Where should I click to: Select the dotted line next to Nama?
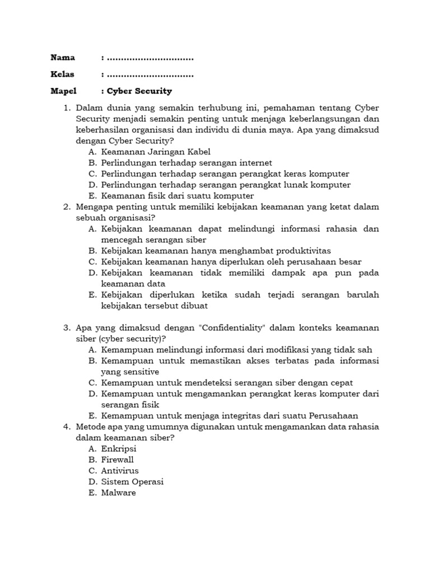click(149, 58)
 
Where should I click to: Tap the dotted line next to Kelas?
click(149, 74)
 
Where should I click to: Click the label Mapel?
click(63, 91)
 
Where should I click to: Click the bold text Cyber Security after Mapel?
click(139, 91)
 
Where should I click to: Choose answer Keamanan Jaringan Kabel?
click(156, 152)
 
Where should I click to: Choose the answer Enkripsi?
click(119, 449)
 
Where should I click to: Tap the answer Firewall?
click(118, 460)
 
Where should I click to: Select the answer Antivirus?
click(120, 471)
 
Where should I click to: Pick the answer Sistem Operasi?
click(132, 482)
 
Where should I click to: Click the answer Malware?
click(118, 493)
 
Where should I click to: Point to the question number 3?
click(66, 327)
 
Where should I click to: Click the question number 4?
click(66, 427)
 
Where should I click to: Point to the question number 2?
click(66, 207)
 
